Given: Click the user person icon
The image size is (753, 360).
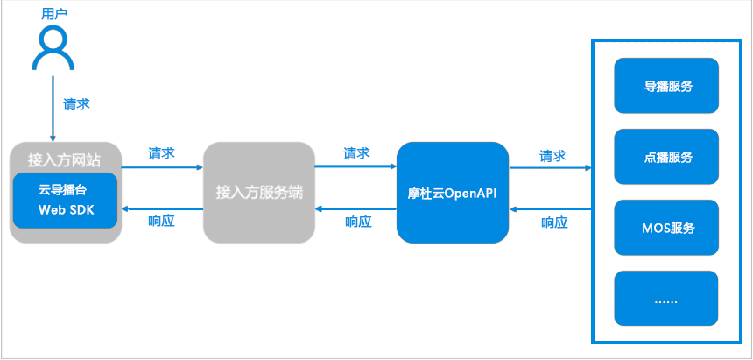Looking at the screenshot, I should point(53,47).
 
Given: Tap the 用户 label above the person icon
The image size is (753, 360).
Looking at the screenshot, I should point(54,14).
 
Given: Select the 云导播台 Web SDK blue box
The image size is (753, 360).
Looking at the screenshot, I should point(66,200).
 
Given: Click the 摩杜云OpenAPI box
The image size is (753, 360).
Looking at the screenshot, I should point(453,193).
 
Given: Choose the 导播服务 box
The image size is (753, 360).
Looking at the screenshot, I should point(666,86).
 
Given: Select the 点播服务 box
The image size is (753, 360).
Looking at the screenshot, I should point(666,157).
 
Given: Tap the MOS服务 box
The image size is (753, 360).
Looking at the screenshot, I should point(666,228).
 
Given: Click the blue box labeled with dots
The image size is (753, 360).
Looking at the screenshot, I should point(666,299).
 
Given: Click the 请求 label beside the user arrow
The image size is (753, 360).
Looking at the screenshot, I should point(76,103).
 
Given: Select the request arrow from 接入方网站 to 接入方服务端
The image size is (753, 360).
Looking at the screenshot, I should point(162,166).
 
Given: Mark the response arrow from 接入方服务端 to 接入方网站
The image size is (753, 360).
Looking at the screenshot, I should point(162,208).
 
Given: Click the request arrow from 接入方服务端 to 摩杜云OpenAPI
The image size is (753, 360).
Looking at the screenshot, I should point(355,166).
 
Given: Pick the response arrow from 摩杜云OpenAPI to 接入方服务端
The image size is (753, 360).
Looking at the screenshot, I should point(355,208).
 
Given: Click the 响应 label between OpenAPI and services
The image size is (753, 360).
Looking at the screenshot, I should point(553,222).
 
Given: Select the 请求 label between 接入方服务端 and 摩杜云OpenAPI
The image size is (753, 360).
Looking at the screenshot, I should point(356,153).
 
